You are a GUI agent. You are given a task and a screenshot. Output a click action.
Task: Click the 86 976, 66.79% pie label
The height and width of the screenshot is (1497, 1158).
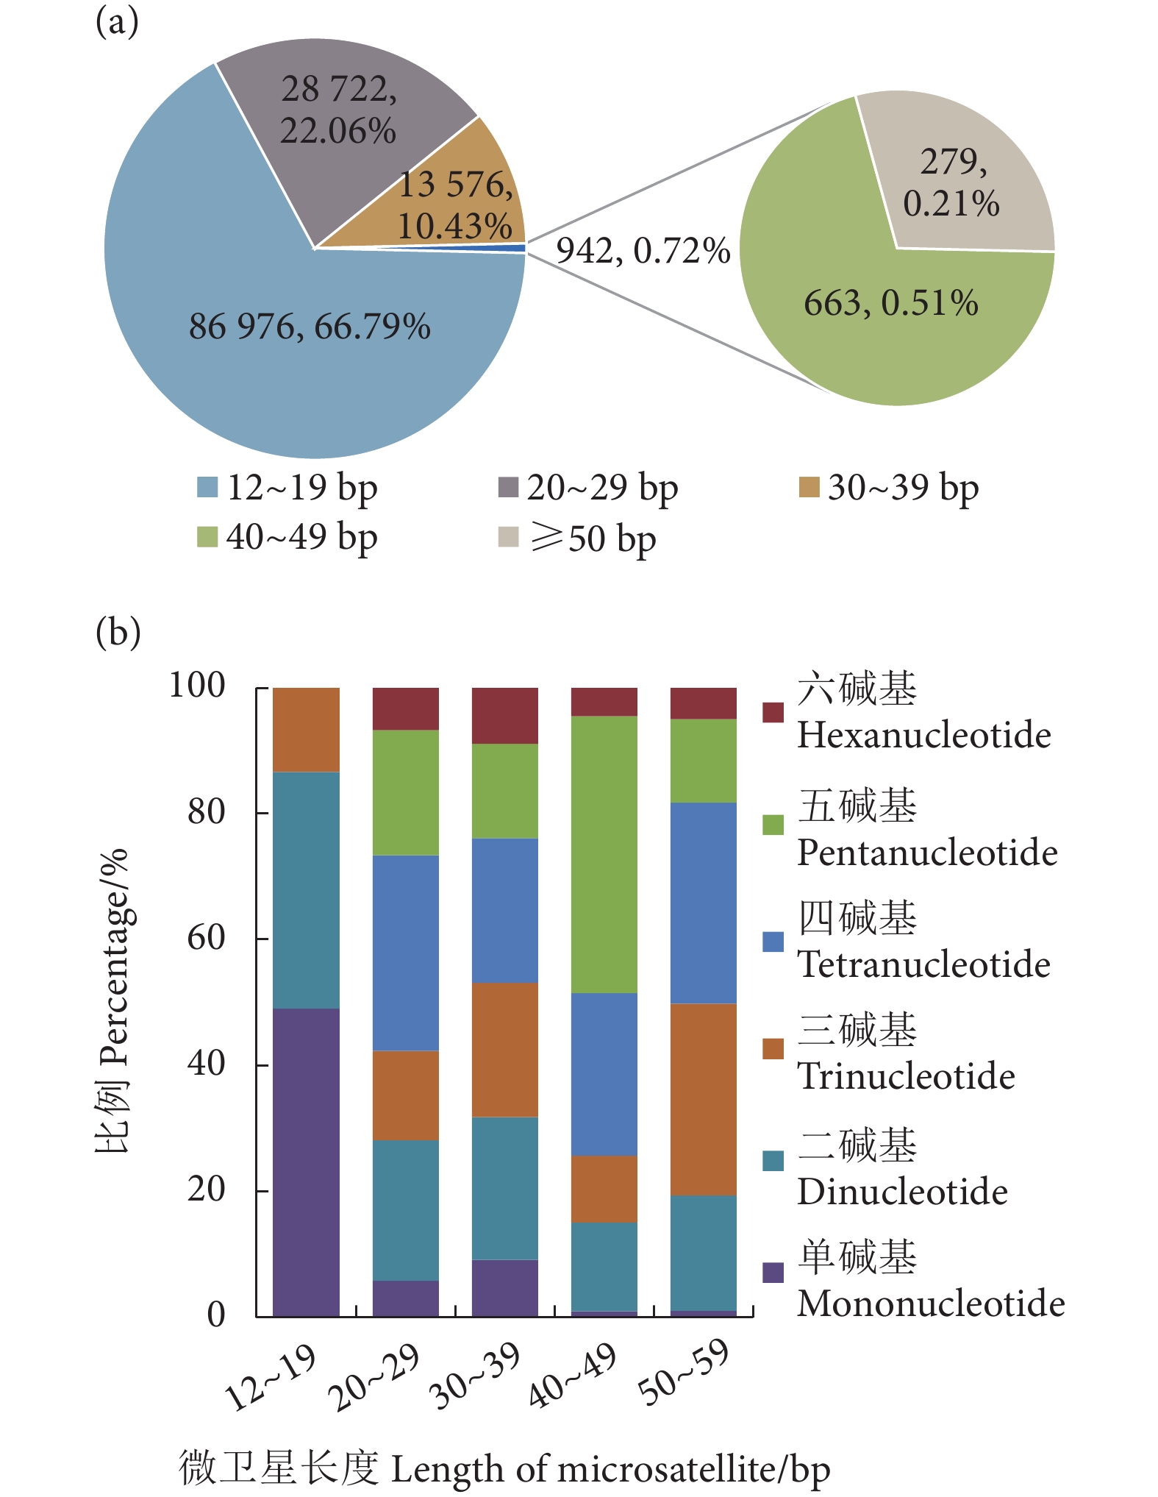pos(310,327)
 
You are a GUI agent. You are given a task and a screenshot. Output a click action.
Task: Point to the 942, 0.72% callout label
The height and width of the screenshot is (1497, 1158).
pos(643,251)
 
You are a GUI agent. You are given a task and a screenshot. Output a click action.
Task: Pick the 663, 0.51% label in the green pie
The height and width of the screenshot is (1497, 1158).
pos(890,303)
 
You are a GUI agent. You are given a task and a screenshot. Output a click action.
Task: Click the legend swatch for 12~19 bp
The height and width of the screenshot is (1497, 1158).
pos(207,487)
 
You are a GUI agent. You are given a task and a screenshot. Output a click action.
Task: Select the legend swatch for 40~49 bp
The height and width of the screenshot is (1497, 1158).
pos(207,537)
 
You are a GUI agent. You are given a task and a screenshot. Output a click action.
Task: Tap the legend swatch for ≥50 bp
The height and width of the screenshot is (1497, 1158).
pos(508,537)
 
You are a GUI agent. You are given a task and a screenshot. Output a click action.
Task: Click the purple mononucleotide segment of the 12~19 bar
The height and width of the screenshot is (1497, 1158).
pos(306,1162)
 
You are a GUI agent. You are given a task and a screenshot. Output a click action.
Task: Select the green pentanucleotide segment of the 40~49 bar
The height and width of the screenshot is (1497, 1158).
pos(604,854)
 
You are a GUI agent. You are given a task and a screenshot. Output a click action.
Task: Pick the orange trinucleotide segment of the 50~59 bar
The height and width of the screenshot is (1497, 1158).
pos(704,1099)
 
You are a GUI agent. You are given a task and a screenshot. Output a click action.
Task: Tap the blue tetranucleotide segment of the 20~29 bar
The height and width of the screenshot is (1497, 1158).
pos(406,953)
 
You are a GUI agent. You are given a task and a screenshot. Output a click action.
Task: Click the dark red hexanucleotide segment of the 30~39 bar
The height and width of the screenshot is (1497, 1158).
pos(505,716)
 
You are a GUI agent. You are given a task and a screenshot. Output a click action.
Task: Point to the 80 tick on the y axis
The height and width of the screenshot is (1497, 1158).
pos(206,812)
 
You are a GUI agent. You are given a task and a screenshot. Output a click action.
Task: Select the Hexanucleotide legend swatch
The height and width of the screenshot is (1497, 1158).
pos(773,712)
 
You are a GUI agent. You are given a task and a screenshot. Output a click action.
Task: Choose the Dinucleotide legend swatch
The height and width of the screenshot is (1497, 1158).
pos(773,1160)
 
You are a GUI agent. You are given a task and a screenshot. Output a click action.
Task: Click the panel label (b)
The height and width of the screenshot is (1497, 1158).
pos(118,633)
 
